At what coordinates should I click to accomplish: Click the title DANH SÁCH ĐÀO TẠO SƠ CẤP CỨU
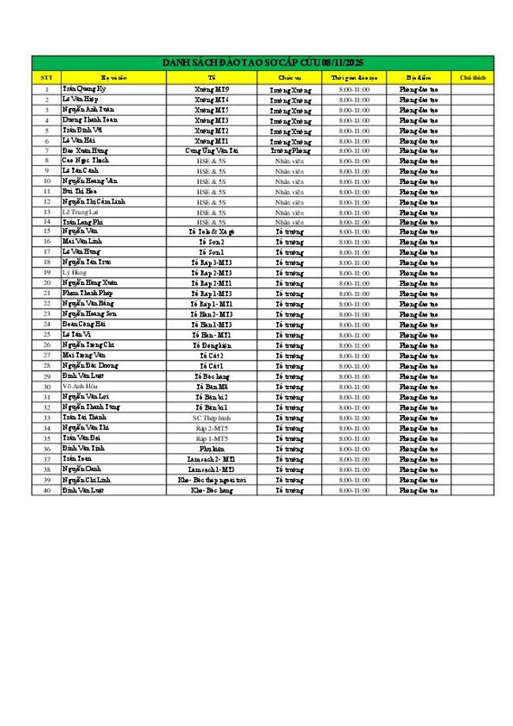point(262,62)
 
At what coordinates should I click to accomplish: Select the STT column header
point(47,77)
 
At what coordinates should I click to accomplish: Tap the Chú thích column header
point(472,77)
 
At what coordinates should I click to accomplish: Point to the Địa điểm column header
point(418,77)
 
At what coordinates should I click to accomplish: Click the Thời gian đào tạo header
point(354,77)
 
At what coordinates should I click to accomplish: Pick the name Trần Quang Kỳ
point(83,90)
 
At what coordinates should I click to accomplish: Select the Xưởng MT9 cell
point(212,90)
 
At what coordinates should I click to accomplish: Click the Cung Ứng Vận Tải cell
point(212,150)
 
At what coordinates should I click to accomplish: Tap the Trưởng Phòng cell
point(290,150)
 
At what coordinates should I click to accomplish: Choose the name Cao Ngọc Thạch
point(86,160)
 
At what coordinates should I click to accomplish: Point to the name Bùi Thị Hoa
point(80,191)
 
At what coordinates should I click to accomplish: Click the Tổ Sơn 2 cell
point(212,241)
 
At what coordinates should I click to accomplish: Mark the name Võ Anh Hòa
point(80,386)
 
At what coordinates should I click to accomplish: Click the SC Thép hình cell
point(212,417)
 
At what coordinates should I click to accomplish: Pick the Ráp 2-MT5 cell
point(212,427)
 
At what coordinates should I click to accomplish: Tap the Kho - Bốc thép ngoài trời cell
point(212,479)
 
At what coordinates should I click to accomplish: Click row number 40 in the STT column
point(47,490)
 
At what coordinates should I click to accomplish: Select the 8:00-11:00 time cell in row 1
point(354,90)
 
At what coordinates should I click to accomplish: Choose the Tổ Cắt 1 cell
point(212,366)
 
